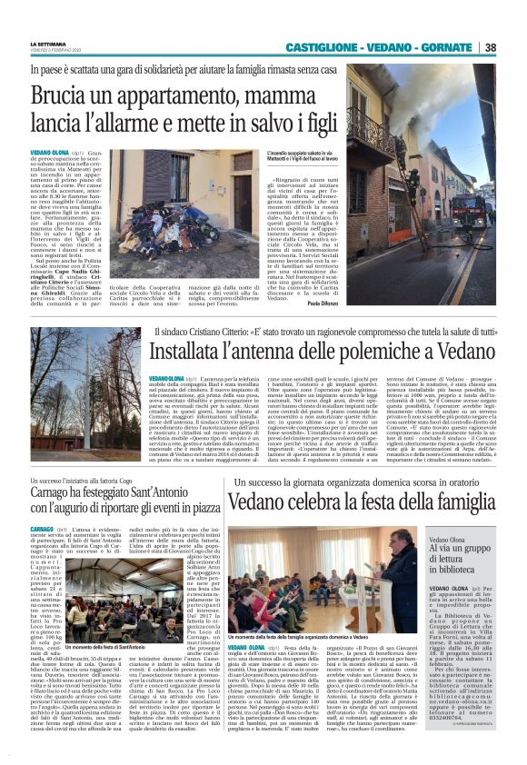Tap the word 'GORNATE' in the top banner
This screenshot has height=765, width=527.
point(447,47)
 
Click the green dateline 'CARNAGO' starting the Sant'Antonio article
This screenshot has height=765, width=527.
point(43,528)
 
